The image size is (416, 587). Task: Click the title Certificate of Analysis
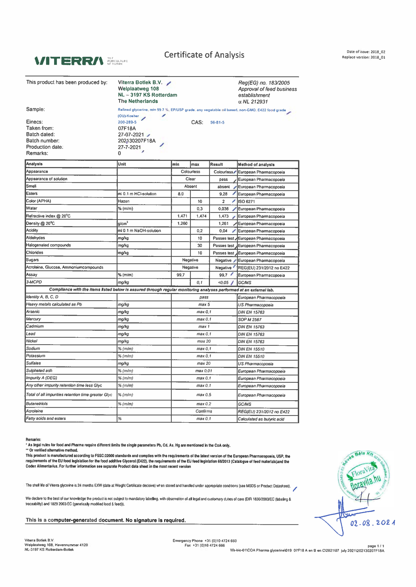tap(204, 55)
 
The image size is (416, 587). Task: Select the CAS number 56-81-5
tap(217, 122)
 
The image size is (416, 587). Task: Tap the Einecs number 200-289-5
tap(127, 122)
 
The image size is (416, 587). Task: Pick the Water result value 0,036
tap(223, 209)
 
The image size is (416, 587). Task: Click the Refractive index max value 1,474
tap(201, 216)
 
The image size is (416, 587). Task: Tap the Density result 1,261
tap(223, 223)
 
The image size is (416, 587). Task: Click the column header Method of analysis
tap(256, 164)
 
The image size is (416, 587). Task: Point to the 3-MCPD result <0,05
tap(223, 282)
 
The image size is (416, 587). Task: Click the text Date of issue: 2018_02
tap(366, 52)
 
